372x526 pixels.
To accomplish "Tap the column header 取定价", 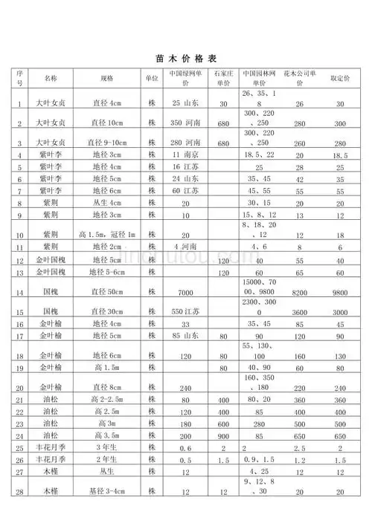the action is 339,77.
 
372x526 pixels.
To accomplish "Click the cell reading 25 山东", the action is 186,103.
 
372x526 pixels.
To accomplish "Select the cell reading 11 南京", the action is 185,155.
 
